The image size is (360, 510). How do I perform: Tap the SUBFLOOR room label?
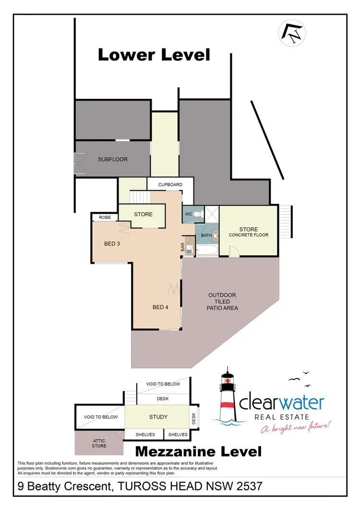pos(113,159)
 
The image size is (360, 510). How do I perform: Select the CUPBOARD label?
pos(170,184)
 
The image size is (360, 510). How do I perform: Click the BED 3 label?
pos(112,243)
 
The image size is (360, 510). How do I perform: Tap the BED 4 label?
pos(160,307)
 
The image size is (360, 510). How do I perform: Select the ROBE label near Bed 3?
pos(105,218)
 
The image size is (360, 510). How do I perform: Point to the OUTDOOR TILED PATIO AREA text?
pos(222,302)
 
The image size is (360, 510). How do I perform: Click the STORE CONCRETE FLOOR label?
pos(248,232)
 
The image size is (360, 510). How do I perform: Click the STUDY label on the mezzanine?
pos(158,416)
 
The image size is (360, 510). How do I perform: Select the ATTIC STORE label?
pos(99,443)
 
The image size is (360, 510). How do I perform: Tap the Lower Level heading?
pos(154,55)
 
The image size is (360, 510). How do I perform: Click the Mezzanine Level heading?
pos(198,451)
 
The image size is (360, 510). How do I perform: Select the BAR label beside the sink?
pos(182,248)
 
